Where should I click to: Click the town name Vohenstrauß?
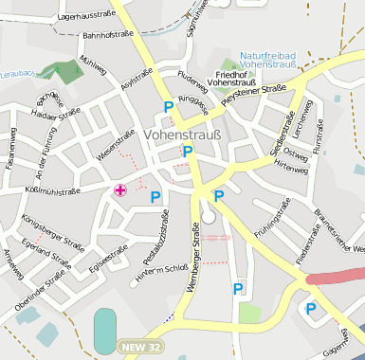pos(183,135)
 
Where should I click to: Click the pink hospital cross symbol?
pos(120,190)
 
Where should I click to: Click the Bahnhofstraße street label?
pos(107,34)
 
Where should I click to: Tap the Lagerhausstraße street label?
pos(93,16)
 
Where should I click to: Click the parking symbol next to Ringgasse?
pos(169,107)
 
